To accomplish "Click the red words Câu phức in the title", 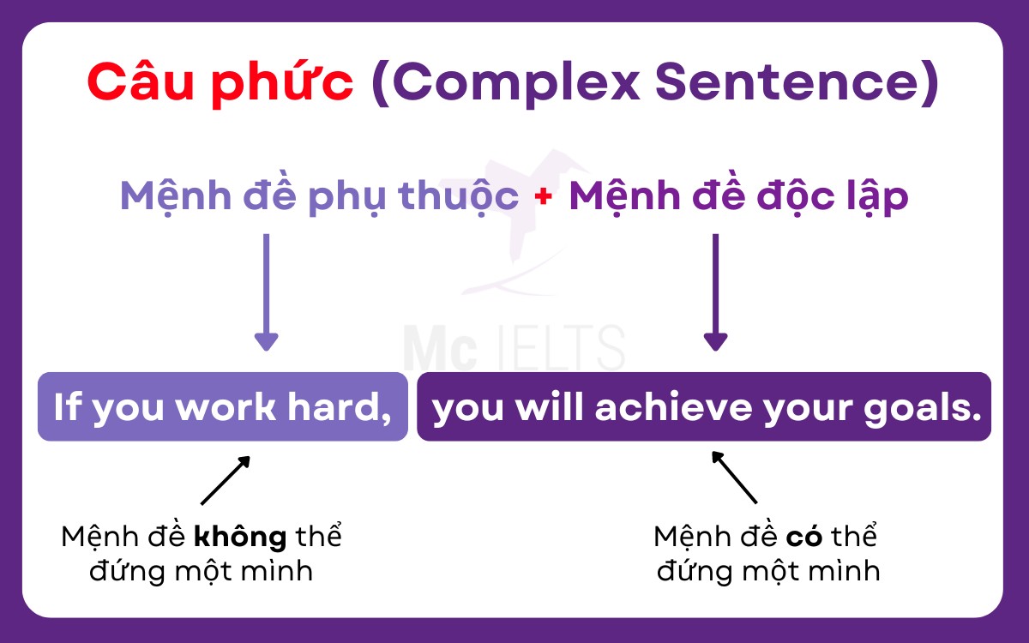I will click(220, 83).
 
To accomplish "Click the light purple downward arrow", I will click(266, 291).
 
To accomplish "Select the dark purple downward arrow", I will click(715, 291).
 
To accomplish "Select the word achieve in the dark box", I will click(655, 409).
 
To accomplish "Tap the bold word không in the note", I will click(240, 538).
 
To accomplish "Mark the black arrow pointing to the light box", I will click(225, 480).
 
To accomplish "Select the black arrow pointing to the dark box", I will click(735, 478).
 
